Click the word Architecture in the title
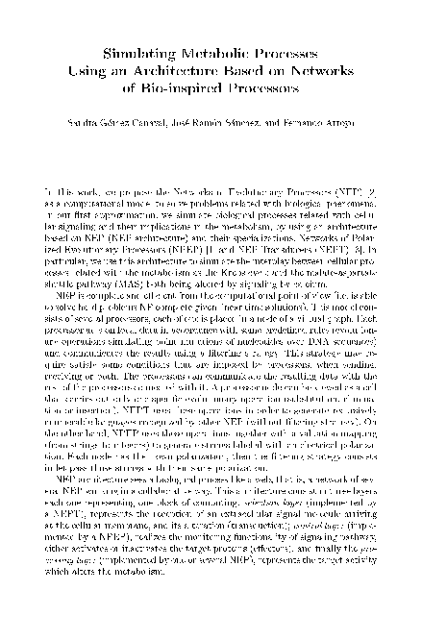tap(184, 71)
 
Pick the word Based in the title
tap(247, 71)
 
